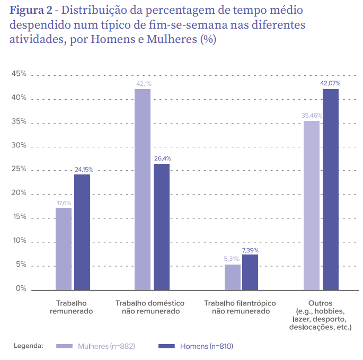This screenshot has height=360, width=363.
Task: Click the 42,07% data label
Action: pos(330,83)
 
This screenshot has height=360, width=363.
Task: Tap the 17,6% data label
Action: pos(64,203)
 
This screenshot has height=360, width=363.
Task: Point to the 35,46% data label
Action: pos(312,115)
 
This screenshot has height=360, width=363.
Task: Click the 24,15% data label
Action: pos(83,169)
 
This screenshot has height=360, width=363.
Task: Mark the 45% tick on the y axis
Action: pos(19,74)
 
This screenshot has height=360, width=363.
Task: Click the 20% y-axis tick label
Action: pos(19,194)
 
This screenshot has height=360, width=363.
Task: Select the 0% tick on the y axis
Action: pos(21,289)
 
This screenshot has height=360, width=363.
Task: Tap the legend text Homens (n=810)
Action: pos(207,346)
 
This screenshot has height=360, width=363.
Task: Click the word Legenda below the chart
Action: pos(29,346)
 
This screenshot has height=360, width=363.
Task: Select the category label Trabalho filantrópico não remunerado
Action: pos(241,307)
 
